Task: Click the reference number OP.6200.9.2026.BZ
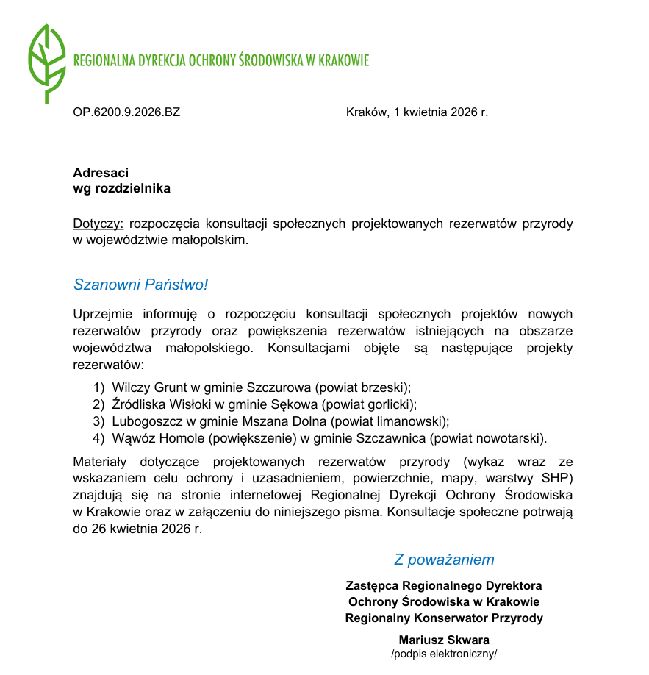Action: pyautogui.click(x=126, y=113)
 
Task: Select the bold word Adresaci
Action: pyautogui.click(x=101, y=173)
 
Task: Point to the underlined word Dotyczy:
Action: pyautogui.click(x=99, y=224)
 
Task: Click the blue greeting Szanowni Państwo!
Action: pyautogui.click(x=140, y=284)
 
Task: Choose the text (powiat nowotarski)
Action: pyautogui.click(x=488, y=440)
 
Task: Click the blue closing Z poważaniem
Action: pyautogui.click(x=444, y=560)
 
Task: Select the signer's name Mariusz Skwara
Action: pyautogui.click(x=444, y=640)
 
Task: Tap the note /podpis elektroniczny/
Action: pyautogui.click(x=444, y=654)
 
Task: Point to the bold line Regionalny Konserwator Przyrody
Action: pyautogui.click(x=444, y=618)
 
